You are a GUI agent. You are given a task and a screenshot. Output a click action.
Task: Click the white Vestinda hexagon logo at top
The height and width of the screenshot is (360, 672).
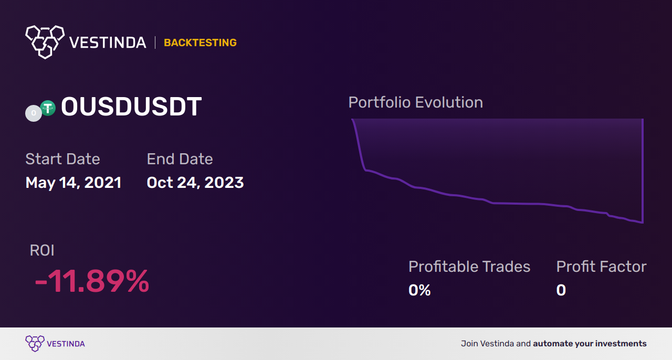point(45,42)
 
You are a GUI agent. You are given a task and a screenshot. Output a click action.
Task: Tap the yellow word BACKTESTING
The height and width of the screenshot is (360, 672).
point(200,43)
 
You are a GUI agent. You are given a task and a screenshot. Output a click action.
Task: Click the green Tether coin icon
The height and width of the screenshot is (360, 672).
point(48,108)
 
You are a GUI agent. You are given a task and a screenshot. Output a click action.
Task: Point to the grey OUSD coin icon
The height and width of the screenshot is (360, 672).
point(33,113)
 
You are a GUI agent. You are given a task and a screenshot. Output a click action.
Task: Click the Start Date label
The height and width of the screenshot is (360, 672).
point(62,158)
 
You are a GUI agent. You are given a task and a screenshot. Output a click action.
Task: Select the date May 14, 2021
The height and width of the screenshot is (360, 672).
point(73,183)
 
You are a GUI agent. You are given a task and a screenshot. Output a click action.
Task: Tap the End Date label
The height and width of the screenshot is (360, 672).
point(180,158)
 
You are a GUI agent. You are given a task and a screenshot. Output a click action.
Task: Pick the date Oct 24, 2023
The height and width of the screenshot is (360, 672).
point(195,183)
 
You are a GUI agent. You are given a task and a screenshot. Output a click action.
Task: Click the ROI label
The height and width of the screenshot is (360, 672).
point(42,250)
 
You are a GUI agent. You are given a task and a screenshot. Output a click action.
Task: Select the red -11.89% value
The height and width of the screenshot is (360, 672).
point(92,281)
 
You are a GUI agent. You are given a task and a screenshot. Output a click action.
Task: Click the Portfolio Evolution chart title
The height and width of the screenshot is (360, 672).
point(416,102)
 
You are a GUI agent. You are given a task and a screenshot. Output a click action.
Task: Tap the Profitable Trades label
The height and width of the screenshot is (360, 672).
point(469,267)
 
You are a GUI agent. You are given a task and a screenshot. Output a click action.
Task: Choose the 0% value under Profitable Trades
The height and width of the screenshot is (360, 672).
point(419,290)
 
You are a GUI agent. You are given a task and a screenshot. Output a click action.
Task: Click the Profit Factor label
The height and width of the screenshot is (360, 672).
point(601,267)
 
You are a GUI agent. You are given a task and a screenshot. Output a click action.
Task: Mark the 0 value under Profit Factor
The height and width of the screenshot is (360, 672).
point(561,290)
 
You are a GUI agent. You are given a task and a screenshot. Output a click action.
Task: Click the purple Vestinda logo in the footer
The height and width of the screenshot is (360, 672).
point(55,344)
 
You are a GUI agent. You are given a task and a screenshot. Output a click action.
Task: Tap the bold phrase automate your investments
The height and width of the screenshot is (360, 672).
point(590,344)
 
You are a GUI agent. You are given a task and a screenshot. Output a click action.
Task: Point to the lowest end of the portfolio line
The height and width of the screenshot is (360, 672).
point(642,223)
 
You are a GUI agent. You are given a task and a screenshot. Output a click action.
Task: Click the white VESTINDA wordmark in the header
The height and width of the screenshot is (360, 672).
point(108,43)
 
